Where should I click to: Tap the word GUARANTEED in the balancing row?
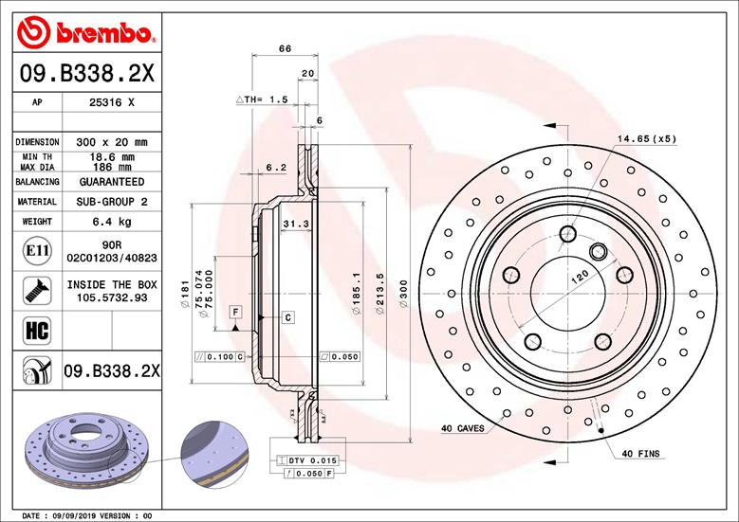tap(112, 181)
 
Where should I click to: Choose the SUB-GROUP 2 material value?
tap(112, 202)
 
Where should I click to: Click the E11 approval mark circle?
tap(30, 251)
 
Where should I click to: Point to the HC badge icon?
tap(30, 331)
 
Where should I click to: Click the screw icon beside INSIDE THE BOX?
tap(30, 289)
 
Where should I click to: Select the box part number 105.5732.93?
tap(112, 297)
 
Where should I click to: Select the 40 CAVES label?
tap(462, 428)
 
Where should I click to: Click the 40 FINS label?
tap(640, 454)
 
